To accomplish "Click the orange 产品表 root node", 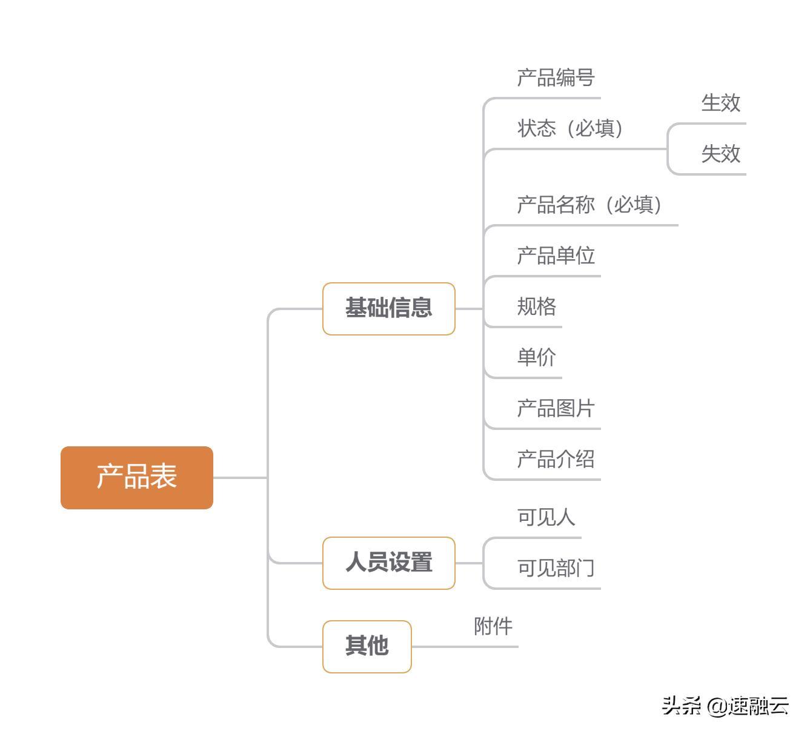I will pyautogui.click(x=137, y=477).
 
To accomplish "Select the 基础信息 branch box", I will pyautogui.click(x=388, y=308).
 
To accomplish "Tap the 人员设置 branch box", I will pyautogui.click(x=388, y=563).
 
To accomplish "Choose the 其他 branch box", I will pyautogui.click(x=367, y=646).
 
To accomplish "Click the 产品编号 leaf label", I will pyautogui.click(x=556, y=78).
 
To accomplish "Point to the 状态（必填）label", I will pyautogui.click(x=570, y=128).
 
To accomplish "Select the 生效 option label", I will pyautogui.click(x=720, y=103).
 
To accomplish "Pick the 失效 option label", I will pyautogui.click(x=720, y=154).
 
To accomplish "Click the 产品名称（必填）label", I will pyautogui.click(x=589, y=205).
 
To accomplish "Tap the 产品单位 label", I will pyautogui.click(x=556, y=256).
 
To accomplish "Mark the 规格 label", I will pyautogui.click(x=536, y=307).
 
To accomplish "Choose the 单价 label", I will pyautogui.click(x=536, y=357).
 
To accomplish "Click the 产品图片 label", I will pyautogui.click(x=556, y=409).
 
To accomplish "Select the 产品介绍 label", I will pyautogui.click(x=556, y=460).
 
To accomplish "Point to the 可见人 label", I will pyautogui.click(x=546, y=517).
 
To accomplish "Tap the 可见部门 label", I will pyautogui.click(x=556, y=568).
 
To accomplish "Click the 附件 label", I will pyautogui.click(x=493, y=626).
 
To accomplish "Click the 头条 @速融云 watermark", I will pyautogui.click(x=725, y=706).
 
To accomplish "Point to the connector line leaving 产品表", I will pyautogui.click(x=239, y=478).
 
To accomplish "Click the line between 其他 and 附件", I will pyautogui.click(x=463, y=647).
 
